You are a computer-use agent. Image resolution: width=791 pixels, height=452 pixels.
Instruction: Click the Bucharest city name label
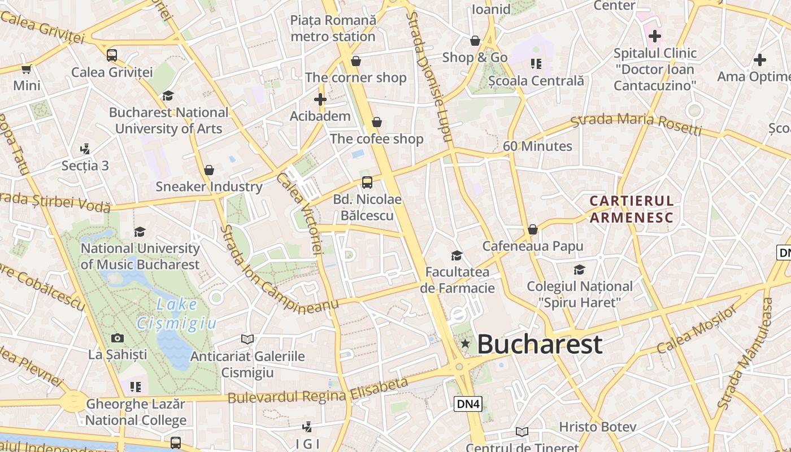(540, 344)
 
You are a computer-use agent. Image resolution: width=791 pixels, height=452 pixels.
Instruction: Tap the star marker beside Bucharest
(465, 344)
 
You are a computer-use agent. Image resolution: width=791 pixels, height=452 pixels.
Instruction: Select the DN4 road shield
(467, 403)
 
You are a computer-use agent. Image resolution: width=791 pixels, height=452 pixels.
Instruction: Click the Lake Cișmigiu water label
(176, 314)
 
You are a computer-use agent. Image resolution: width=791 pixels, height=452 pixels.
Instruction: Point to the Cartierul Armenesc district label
(632, 209)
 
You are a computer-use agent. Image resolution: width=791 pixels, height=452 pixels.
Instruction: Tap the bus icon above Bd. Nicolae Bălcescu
(367, 182)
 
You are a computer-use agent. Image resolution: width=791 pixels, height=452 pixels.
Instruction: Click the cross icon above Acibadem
(320, 99)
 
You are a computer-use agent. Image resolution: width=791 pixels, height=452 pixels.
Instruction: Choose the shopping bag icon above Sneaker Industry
(209, 170)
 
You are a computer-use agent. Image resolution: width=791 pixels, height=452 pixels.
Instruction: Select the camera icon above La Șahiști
(118, 338)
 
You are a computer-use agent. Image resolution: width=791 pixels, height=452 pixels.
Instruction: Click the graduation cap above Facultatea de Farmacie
(457, 255)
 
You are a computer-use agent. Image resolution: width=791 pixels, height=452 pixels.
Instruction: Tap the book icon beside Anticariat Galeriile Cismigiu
(247, 339)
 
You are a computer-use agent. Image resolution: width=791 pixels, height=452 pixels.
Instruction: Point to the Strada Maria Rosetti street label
(636, 124)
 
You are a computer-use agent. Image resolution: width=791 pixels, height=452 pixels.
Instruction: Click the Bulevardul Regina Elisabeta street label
(318, 391)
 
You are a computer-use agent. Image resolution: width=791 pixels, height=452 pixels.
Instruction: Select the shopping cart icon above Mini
(26, 69)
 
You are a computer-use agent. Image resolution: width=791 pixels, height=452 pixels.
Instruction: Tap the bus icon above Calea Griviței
(112, 55)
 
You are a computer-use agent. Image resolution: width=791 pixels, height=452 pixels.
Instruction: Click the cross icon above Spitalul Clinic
(655, 37)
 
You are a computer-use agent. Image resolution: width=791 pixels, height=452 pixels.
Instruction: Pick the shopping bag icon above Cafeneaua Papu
(532, 229)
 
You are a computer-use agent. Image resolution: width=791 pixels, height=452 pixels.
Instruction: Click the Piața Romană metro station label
(333, 28)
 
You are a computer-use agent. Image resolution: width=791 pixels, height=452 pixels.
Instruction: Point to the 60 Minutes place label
(537, 146)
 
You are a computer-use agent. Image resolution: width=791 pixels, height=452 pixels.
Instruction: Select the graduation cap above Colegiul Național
(579, 270)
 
